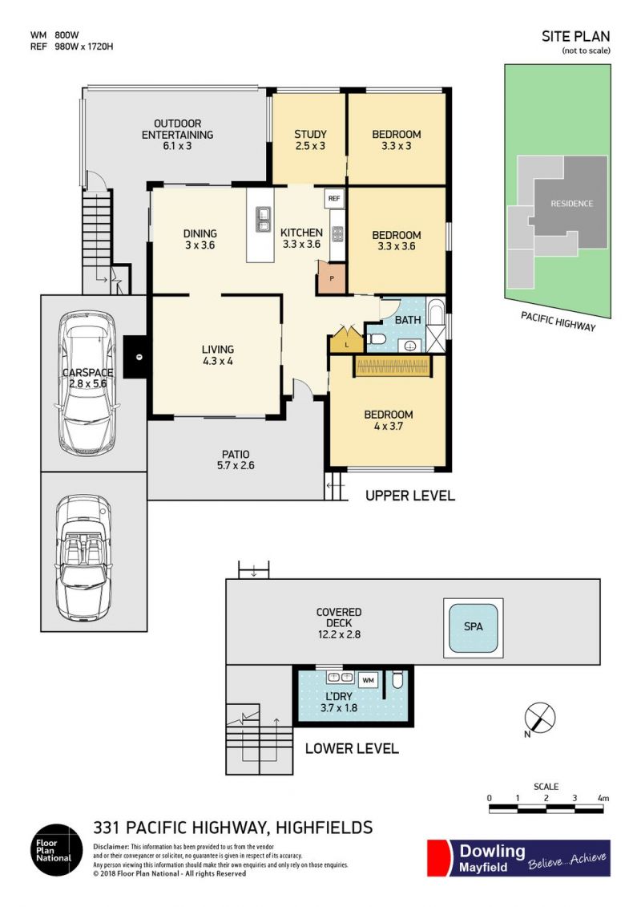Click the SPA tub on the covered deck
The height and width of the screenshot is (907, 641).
(473, 628)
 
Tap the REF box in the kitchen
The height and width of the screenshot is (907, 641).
(334, 198)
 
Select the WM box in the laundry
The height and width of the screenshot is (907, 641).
(369, 680)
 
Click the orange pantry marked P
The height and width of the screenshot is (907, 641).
(331, 277)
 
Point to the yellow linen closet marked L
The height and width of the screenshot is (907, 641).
(346, 342)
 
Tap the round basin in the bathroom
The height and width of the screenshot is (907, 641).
(410, 346)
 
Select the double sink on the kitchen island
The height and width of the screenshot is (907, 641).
(263, 219)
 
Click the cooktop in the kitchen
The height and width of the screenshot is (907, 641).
(337, 234)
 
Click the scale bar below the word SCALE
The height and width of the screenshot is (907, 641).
(546, 808)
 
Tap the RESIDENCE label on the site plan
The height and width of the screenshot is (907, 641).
(571, 204)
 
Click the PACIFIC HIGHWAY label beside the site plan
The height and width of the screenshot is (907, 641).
(558, 322)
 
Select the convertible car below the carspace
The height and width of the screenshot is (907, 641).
(83, 557)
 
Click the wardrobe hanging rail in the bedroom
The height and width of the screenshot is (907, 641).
(393, 366)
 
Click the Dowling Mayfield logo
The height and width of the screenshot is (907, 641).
(518, 858)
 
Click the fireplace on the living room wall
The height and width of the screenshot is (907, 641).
(136, 358)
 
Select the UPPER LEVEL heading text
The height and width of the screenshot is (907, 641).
(410, 496)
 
